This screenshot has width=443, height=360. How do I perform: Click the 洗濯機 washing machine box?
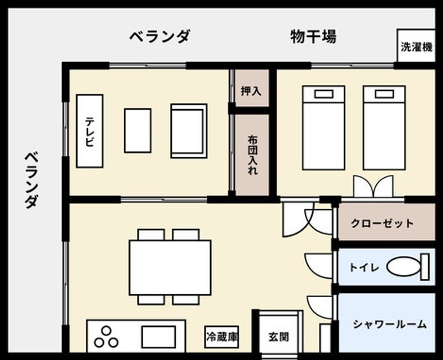point(416,46)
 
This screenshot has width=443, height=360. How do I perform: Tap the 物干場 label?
point(313,37)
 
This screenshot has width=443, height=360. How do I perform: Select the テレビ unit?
point(90,131)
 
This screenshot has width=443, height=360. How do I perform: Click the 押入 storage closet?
point(252,88)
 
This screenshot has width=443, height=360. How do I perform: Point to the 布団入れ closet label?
point(252,155)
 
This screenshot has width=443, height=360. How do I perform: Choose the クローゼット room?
point(386,222)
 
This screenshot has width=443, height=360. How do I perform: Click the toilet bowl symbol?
point(404,267)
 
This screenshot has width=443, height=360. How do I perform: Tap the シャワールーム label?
point(390,324)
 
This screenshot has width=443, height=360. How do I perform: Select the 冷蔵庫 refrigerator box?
point(221,337)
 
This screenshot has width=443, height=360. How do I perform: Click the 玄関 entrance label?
point(279,337)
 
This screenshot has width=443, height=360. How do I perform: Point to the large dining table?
point(170,267)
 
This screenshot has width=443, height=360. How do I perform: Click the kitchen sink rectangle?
point(159,337)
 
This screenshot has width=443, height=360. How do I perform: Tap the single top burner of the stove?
point(106,331)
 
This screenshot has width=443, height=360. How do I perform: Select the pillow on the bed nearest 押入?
point(324,94)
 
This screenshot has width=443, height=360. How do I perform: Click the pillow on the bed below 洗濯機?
point(384,94)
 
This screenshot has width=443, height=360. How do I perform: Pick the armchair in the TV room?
point(189,131)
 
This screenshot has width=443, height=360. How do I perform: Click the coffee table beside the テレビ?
point(138,131)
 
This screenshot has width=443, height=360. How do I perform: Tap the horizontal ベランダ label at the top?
point(160,37)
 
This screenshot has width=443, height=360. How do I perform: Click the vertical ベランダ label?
point(31,181)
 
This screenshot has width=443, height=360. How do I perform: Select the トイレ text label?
point(364,267)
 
